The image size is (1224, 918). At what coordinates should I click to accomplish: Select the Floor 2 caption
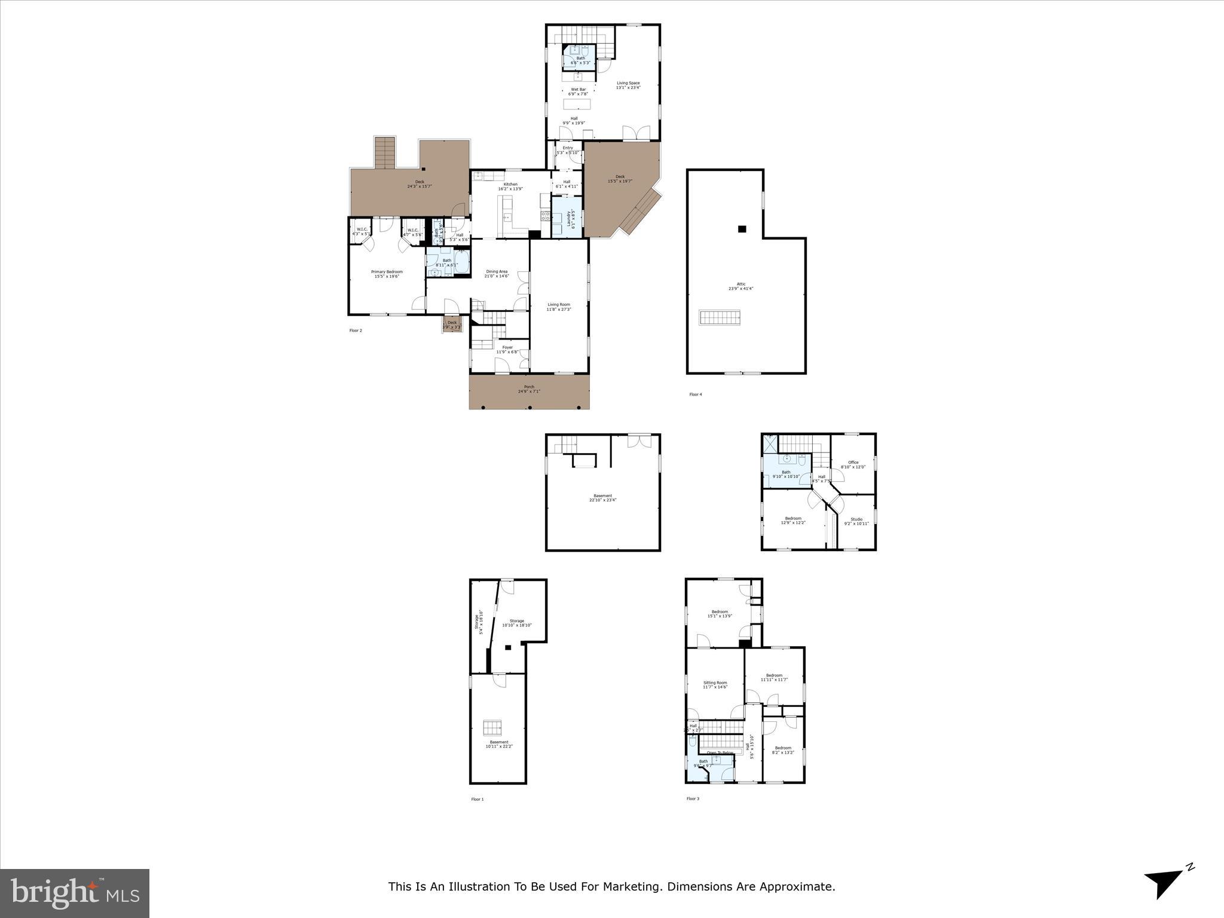(356, 331)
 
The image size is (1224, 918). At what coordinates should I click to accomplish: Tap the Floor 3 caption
(692, 798)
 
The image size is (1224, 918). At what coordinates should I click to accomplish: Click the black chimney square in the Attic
(742, 229)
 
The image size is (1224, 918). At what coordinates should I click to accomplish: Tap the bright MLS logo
(75, 893)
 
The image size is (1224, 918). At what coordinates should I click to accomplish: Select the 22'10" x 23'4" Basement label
(602, 497)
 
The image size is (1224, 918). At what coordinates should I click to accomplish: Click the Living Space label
(628, 85)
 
